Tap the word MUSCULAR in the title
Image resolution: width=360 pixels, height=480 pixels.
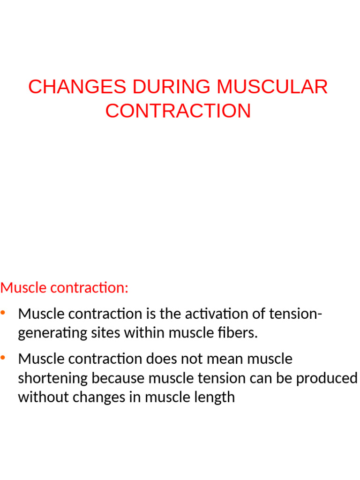pos(272,87)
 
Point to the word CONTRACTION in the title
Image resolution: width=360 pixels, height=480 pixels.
pos(178,111)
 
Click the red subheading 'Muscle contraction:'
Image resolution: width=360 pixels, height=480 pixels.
pos(64,287)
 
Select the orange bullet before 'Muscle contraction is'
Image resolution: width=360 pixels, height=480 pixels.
pos(4,313)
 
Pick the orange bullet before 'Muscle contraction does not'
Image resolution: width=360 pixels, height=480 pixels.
pos(4,358)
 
